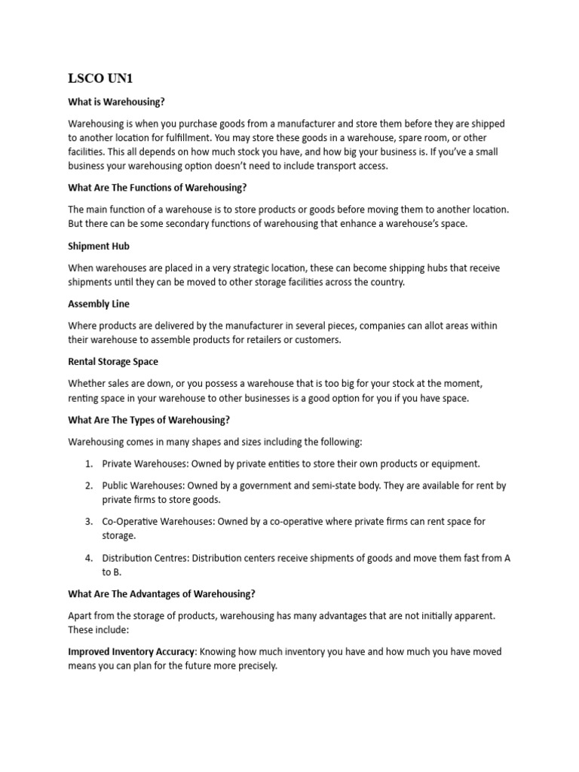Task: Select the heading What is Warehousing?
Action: pyautogui.click(x=116, y=102)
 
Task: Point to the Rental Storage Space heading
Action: pyautogui.click(x=113, y=362)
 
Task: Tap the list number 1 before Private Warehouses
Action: pyautogui.click(x=88, y=464)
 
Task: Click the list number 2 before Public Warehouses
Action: pyautogui.click(x=88, y=486)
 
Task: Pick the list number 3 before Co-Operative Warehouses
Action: pyautogui.click(x=88, y=522)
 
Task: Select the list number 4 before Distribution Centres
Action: pyautogui.click(x=88, y=558)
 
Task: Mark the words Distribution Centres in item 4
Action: pyautogui.click(x=145, y=558)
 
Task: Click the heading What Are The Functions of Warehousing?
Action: pyautogui.click(x=158, y=188)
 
